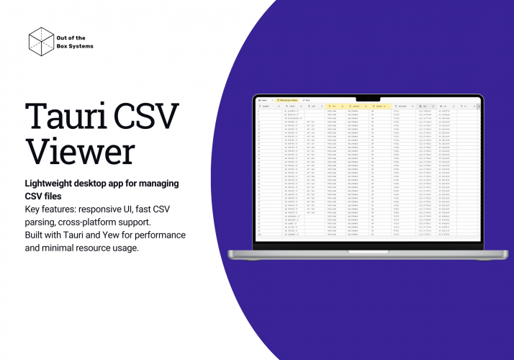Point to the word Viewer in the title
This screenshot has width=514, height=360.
pyautogui.click(x=80, y=151)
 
